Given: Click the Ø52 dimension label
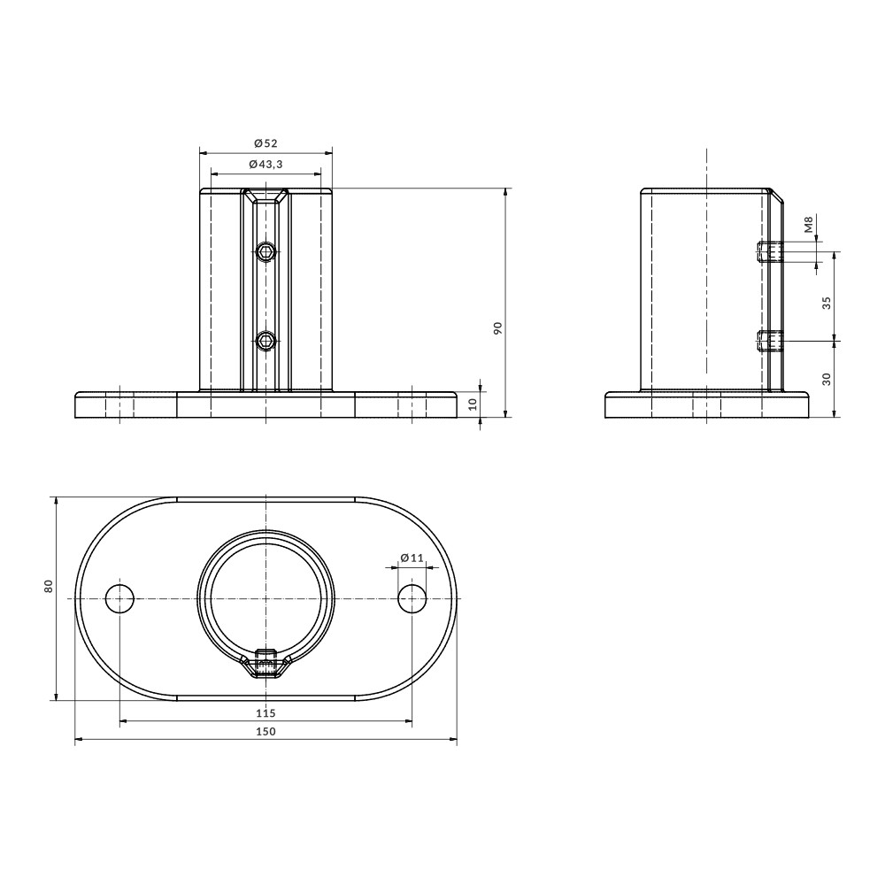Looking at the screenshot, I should tap(265, 143).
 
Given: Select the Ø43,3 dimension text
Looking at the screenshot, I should tap(265, 165).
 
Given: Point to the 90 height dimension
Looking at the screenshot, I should tap(497, 328).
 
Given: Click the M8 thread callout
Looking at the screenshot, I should tap(808, 226).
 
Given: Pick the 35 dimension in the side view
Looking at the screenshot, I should tap(827, 301).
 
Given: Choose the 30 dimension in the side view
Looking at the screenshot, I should tap(827, 378).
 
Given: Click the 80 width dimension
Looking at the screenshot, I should tap(49, 585).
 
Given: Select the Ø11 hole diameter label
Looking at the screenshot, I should tap(412, 558).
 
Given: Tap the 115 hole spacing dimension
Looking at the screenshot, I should tap(265, 712).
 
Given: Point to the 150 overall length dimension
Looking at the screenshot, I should tap(265, 731).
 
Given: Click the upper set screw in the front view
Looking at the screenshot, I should tap(265, 253).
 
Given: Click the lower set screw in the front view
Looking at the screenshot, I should tap(265, 341).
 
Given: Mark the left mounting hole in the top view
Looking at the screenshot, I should tap(119, 598).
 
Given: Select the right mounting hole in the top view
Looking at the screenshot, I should tap(412, 598).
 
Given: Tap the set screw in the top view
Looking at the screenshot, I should tap(265, 662).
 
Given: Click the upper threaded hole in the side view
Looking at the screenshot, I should tap(770, 252).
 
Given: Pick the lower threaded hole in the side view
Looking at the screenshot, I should tap(770, 341).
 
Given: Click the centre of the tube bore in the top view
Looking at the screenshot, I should tap(265, 598).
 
